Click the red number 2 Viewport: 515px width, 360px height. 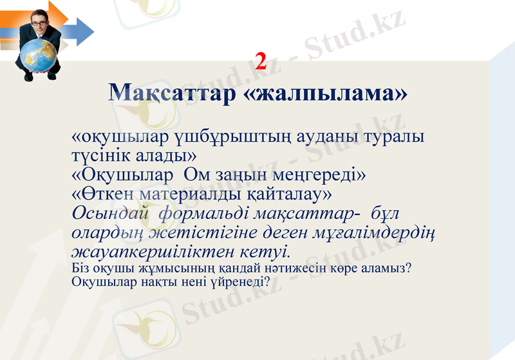[261, 62]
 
